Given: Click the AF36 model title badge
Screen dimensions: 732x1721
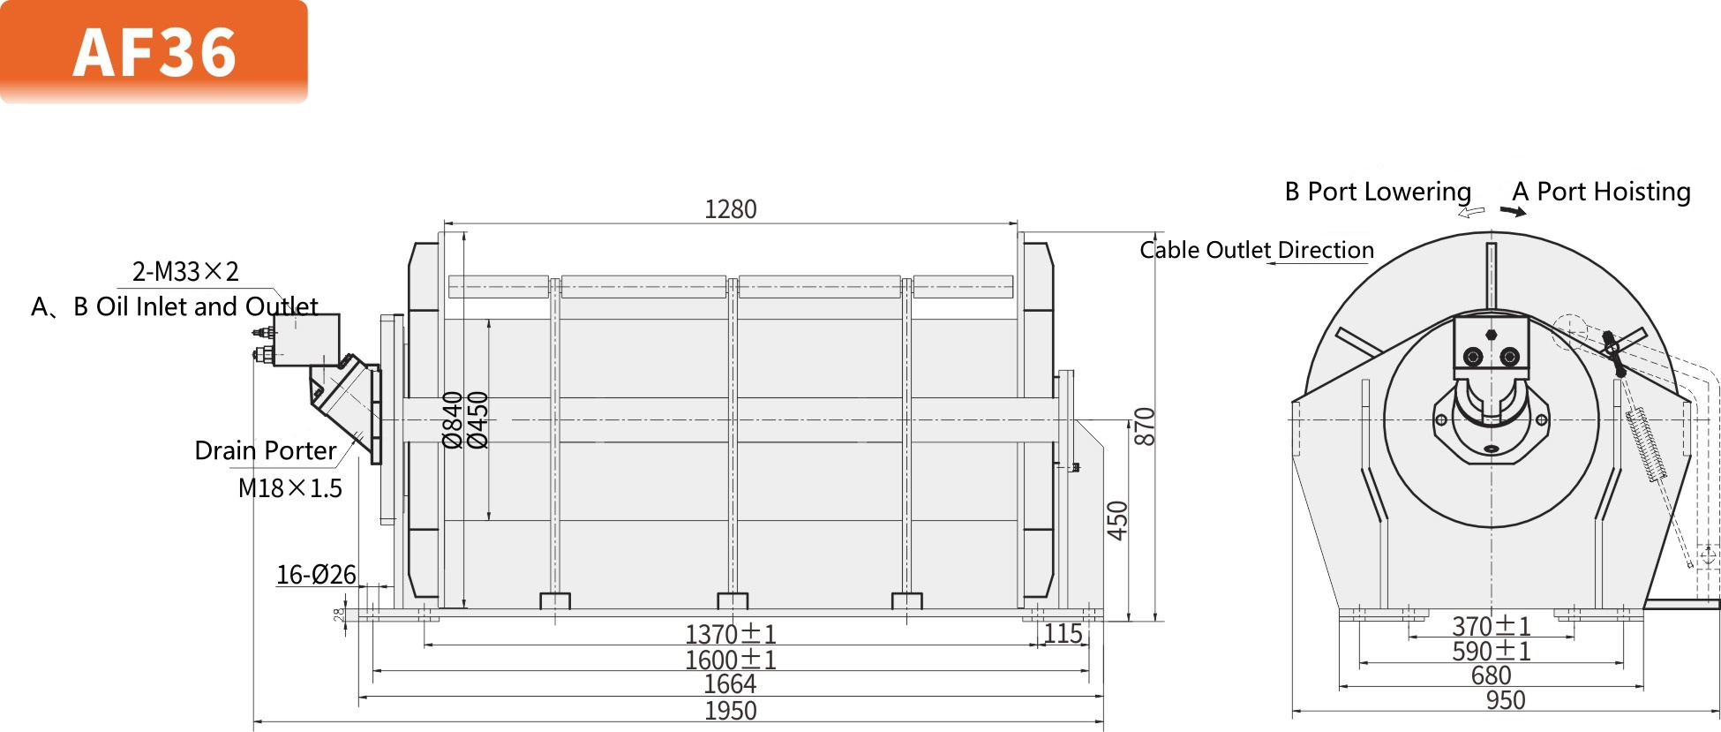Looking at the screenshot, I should [x=154, y=51].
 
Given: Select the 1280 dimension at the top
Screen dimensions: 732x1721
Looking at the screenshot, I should [x=730, y=209].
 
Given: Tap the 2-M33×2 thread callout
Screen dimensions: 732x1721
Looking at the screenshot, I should [x=185, y=271].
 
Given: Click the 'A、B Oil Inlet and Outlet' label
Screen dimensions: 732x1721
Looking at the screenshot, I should [x=175, y=306].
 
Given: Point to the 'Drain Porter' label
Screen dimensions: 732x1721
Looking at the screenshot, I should [x=265, y=450].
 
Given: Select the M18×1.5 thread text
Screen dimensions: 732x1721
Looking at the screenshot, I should [x=289, y=488].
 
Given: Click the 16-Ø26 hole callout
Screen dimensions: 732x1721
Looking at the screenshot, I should [x=316, y=575].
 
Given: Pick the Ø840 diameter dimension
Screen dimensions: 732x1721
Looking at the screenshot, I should [x=452, y=420].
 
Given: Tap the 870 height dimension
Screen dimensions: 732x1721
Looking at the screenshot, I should [x=1144, y=426].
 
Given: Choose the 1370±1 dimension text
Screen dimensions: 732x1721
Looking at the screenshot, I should [x=730, y=634].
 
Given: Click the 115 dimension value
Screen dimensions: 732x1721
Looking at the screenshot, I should [x=1063, y=633].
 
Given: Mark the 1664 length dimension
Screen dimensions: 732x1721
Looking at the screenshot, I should [x=730, y=684].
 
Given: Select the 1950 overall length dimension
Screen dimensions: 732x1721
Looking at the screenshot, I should [x=730, y=711].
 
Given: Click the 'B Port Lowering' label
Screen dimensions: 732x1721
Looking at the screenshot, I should [x=1378, y=192].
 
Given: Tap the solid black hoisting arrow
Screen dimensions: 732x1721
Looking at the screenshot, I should [x=1513, y=211].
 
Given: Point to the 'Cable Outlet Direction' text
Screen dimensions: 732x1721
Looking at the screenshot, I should [x=1257, y=250].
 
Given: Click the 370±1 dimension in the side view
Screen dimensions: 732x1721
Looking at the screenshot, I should [x=1491, y=626].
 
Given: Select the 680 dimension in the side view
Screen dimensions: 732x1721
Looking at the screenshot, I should [x=1491, y=675].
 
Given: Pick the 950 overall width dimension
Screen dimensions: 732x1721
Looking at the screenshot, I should [x=1505, y=700].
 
